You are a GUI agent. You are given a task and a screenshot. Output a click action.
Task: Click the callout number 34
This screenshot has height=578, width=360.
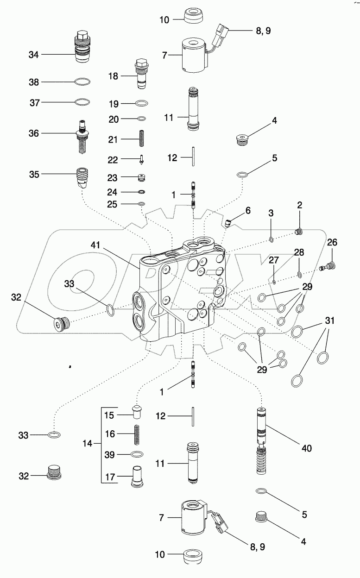point(34,55)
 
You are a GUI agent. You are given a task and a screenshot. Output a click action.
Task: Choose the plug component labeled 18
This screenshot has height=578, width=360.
point(141,73)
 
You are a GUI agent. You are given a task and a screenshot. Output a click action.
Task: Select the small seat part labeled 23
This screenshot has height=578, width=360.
point(142,177)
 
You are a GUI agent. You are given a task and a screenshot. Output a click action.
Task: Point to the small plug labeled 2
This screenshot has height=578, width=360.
point(299,232)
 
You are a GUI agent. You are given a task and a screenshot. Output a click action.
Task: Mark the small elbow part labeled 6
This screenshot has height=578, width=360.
point(228,224)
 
